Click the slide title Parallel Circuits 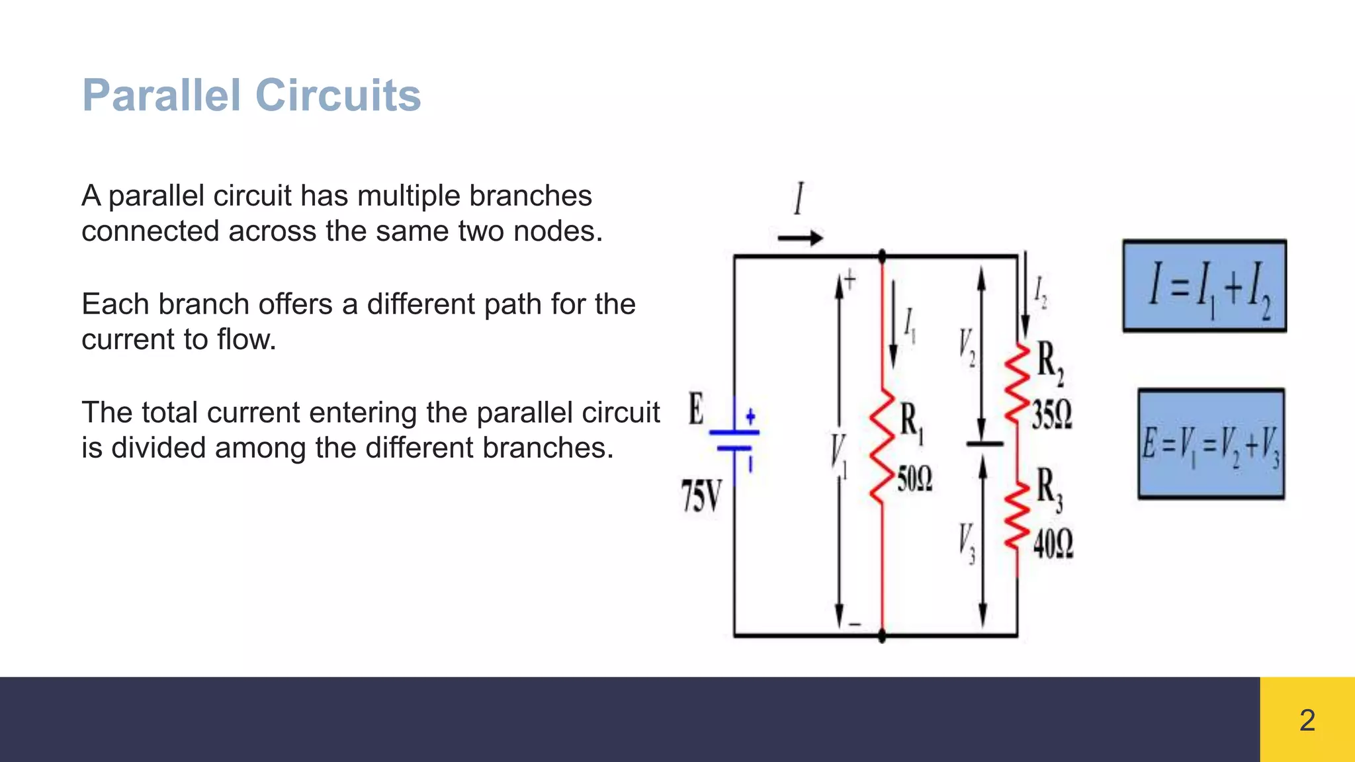(251, 95)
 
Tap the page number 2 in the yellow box (1307, 720)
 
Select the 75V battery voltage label (701, 497)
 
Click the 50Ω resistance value (915, 479)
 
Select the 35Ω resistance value (1052, 415)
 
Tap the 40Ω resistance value (1053, 544)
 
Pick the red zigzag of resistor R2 (1018, 384)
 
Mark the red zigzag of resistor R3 (1018, 516)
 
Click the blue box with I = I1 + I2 (1204, 286)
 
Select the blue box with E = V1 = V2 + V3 (1211, 444)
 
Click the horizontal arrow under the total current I (800, 238)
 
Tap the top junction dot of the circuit (882, 256)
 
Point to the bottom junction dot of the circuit (882, 636)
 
